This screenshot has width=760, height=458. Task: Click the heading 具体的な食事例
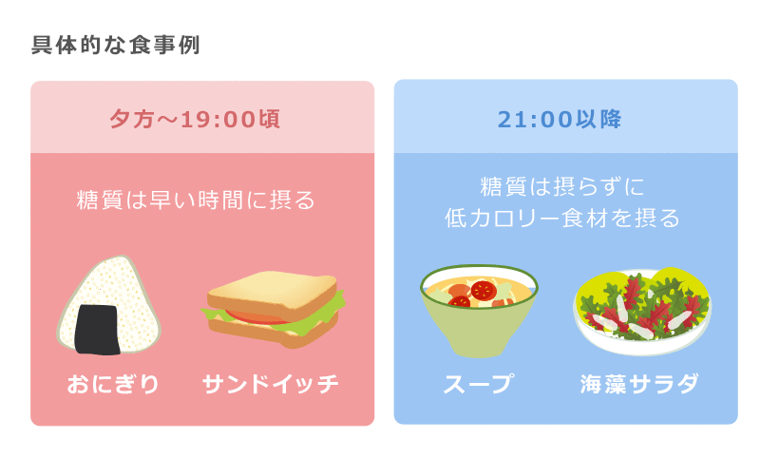[x=115, y=45]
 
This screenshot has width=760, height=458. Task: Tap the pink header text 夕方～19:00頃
[x=195, y=119]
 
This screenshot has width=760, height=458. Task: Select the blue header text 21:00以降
[x=560, y=119]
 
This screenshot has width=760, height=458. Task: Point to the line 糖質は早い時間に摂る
[x=196, y=200]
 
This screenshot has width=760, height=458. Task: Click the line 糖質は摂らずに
[x=562, y=186]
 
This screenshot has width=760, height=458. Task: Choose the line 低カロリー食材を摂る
[x=562, y=219]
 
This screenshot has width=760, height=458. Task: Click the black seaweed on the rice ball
[x=98, y=330]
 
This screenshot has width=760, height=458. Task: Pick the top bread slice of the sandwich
[x=273, y=294]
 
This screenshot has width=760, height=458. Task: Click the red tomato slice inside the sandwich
[x=256, y=318]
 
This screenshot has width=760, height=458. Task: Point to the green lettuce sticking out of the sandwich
[x=334, y=304]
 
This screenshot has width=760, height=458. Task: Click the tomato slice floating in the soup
[x=483, y=291]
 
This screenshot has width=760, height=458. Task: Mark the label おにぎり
[x=113, y=384]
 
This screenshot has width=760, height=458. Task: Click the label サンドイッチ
[x=271, y=384]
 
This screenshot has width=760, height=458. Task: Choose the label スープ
[x=479, y=384]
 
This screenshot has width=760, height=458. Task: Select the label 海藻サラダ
[x=639, y=384]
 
